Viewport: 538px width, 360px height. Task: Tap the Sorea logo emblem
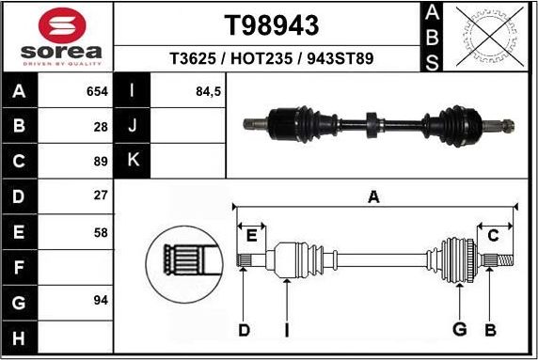pos(56,24)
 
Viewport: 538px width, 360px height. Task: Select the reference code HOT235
pos(272,58)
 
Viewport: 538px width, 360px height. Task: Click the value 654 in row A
pos(97,92)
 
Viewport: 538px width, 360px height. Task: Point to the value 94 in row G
pos(102,300)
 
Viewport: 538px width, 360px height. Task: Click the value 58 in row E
pos(102,232)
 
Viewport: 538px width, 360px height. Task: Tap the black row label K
pos(133,160)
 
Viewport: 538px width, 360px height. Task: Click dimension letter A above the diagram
pos(373,197)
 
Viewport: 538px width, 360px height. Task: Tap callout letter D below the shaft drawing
pos(244,329)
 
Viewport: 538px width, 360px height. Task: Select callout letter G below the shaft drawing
pos(459,329)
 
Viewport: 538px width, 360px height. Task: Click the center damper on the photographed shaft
pos(372,123)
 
